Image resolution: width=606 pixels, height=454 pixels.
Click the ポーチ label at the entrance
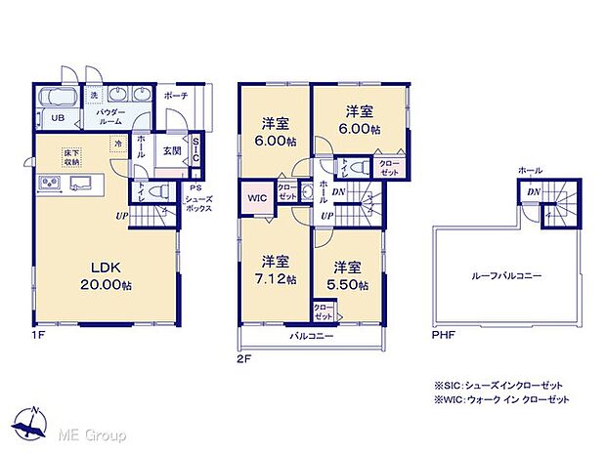[x=177, y=96]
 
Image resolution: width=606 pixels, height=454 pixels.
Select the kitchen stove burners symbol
[x=48, y=186]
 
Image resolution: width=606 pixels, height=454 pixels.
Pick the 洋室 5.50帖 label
[x=347, y=274]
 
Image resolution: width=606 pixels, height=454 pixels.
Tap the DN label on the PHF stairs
[x=533, y=193]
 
